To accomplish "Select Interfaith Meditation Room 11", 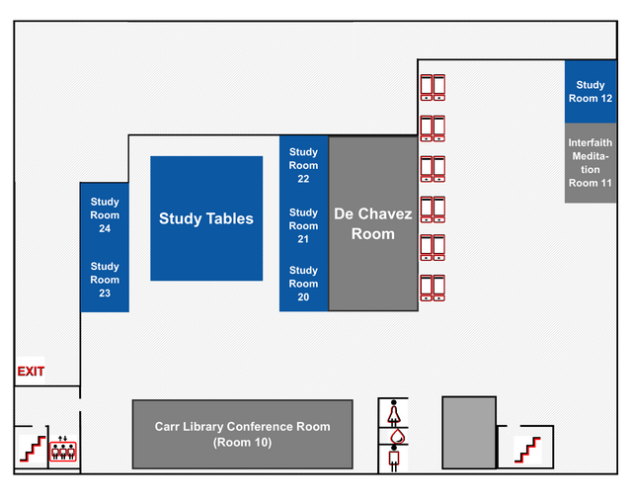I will coord(591,163).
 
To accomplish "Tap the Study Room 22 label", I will coord(303,166).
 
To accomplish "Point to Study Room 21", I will coord(303,225).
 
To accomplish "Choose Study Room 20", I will coord(303,284).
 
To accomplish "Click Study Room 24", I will coord(105,214).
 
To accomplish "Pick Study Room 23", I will coord(105,280).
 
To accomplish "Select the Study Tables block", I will coord(206,218).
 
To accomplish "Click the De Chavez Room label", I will coord(372,224).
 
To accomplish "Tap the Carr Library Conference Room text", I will coord(242,434).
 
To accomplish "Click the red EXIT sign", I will coord(31,372).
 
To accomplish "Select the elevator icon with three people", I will coord(63,450).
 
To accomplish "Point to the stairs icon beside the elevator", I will coord(32,448).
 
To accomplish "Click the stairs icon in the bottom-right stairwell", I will coord(527,449).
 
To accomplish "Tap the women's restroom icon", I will coord(394,410).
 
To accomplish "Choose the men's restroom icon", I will coord(394,459).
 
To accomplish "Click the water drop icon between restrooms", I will coord(394,435).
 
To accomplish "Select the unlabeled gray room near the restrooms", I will coord(468,432).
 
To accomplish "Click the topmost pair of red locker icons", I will coord(433,87).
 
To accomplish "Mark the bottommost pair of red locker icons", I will coord(433,288).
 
